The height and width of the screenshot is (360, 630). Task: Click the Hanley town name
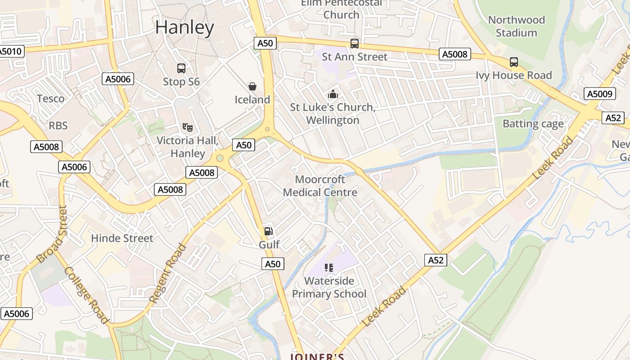(184, 28)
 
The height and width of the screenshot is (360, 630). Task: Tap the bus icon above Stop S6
(181, 68)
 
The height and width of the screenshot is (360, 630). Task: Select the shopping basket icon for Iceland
(252, 86)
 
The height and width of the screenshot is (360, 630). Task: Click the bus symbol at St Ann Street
(355, 44)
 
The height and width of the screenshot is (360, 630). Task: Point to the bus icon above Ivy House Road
(514, 62)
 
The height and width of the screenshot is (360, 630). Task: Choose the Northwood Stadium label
(516, 26)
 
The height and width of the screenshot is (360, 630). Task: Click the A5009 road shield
(599, 94)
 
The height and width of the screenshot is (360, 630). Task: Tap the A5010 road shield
(10, 51)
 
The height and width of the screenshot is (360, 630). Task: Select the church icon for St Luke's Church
(333, 94)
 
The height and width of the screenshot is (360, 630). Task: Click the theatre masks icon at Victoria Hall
(188, 127)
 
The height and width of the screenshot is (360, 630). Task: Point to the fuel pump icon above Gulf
(269, 231)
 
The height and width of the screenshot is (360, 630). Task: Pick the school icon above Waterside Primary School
(329, 268)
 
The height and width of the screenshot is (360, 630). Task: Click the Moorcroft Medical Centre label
(320, 186)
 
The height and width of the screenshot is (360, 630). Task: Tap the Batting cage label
(533, 124)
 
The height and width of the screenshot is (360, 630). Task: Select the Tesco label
(50, 99)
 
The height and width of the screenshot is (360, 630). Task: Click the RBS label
(58, 126)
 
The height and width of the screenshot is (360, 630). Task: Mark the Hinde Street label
(122, 238)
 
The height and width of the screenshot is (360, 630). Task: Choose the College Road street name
(86, 295)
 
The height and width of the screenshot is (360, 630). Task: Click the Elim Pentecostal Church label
(341, 9)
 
